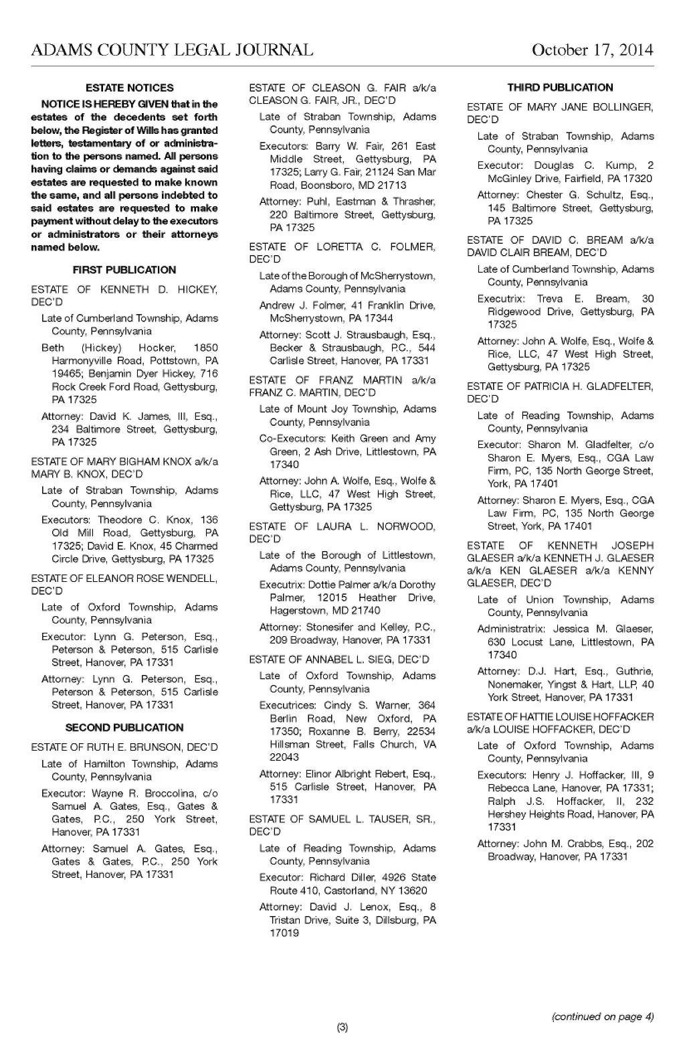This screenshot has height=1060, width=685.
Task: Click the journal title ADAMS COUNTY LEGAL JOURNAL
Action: pos(171,50)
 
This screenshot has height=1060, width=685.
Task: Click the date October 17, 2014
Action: pos(592,50)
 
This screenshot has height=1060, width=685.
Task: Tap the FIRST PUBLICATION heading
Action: pos(124,270)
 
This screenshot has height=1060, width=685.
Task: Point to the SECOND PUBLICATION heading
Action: pos(124,727)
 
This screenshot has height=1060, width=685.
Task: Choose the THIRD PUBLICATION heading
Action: pos(560,87)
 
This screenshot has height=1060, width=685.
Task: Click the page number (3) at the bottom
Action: pos(342,1027)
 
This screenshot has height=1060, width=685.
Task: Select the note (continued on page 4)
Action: pos(602,1016)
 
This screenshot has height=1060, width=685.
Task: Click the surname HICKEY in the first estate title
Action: pos(197,290)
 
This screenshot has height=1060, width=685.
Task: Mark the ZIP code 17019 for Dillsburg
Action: pos(284,933)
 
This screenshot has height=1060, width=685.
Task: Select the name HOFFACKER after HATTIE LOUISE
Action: pos(623,716)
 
